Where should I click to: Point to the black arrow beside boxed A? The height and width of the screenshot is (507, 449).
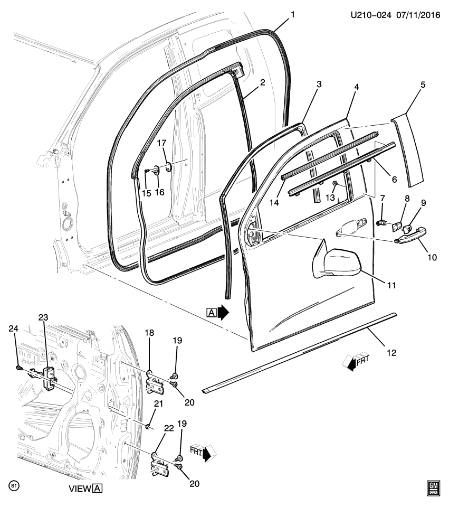coord(224,313)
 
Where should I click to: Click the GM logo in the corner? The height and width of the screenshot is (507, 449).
coord(433,489)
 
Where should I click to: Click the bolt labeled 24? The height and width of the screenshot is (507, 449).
coord(19,367)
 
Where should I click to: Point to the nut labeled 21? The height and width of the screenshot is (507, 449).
coord(150,426)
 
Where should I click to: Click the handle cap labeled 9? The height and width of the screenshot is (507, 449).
coord(407,228)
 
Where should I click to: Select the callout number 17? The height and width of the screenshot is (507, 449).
coord(161,143)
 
